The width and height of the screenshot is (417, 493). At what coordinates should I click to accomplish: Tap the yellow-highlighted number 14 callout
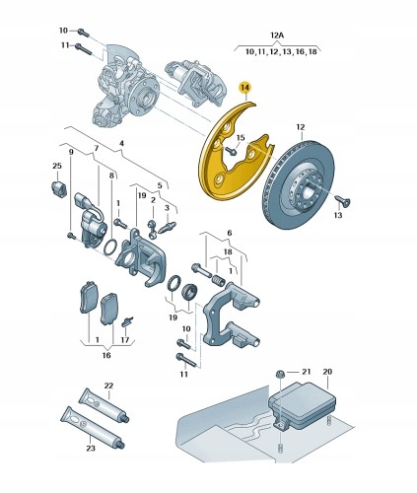coord(245,89)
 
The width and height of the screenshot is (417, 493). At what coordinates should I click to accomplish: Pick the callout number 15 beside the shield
coord(238,138)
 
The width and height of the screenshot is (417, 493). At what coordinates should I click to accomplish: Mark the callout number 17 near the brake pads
coord(124,340)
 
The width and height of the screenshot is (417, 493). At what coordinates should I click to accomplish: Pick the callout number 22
coord(108,386)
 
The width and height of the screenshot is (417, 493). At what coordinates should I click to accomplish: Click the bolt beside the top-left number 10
coord(82,31)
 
